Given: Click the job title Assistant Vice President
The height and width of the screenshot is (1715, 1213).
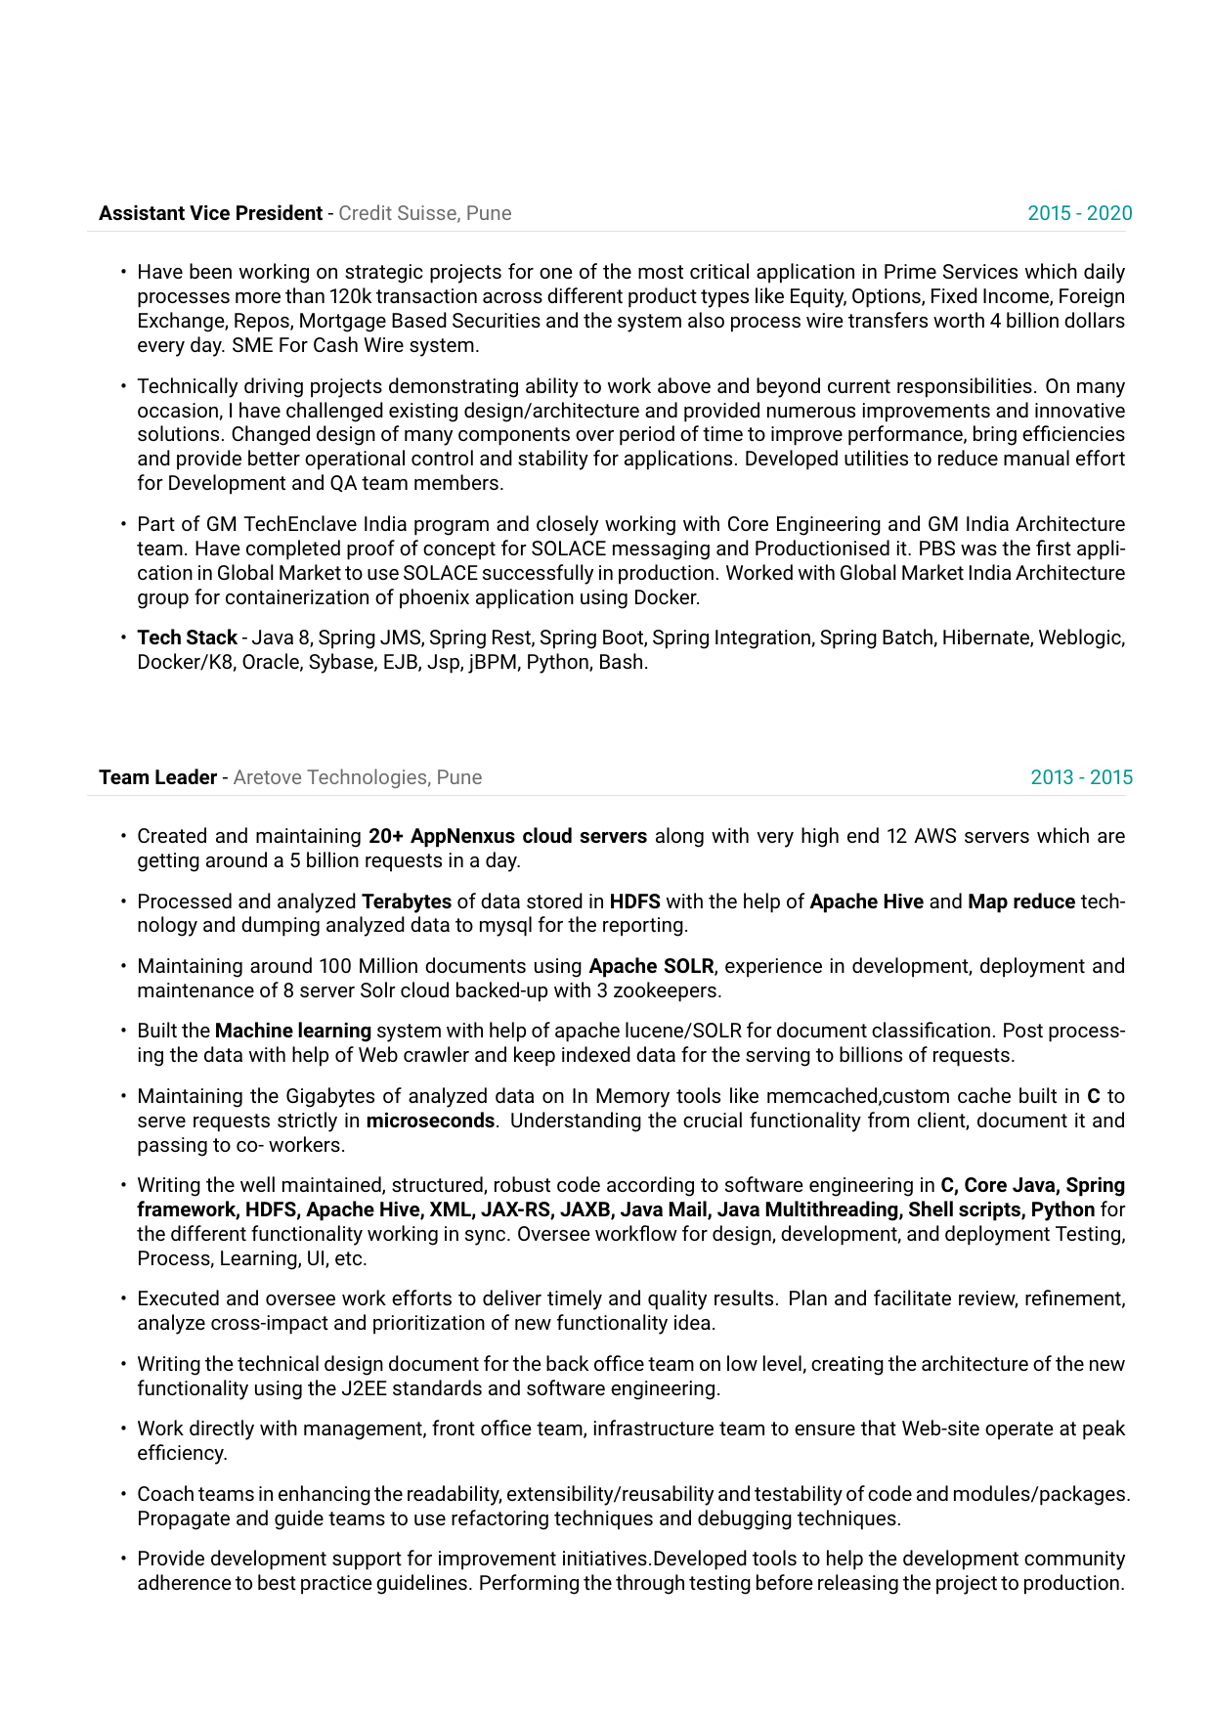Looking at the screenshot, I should (x=210, y=213).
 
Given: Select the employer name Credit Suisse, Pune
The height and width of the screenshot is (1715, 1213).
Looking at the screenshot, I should (x=424, y=213).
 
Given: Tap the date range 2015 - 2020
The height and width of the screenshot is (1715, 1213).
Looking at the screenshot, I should (x=1079, y=213).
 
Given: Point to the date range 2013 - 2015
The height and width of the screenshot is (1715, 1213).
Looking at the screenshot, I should (x=1081, y=777).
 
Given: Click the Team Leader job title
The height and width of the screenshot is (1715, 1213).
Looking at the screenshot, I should (x=157, y=777).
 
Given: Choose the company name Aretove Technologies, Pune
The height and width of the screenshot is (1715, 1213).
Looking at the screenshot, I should (x=357, y=777).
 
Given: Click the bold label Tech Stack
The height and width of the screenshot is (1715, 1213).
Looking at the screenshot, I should (x=187, y=638).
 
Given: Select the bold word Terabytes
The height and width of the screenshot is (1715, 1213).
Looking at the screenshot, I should (x=407, y=901).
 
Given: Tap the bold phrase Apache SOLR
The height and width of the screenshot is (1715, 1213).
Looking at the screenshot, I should (x=651, y=966).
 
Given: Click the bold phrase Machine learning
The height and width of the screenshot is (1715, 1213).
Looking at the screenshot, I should (x=292, y=1031).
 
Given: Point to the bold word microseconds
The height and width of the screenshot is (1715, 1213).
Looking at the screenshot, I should (x=430, y=1121).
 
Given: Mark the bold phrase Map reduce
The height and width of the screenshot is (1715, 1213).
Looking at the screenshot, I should (x=1021, y=901).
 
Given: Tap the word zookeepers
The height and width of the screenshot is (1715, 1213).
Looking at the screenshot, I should (x=667, y=990).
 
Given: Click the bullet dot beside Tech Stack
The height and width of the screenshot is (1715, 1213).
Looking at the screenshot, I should (x=124, y=638).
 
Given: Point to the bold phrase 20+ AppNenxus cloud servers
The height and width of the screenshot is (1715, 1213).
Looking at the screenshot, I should (x=507, y=836).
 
